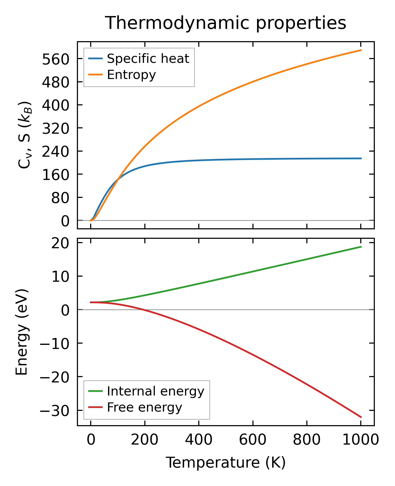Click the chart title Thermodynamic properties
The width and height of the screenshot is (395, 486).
[x=226, y=23]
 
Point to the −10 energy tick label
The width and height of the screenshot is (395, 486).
[x=54, y=344]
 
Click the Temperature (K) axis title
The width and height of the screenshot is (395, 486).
[x=226, y=462]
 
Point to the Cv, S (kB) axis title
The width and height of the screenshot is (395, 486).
[x=25, y=135]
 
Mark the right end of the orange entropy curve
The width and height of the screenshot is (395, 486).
[x=361, y=50]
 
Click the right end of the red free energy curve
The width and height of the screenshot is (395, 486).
[x=361, y=417]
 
